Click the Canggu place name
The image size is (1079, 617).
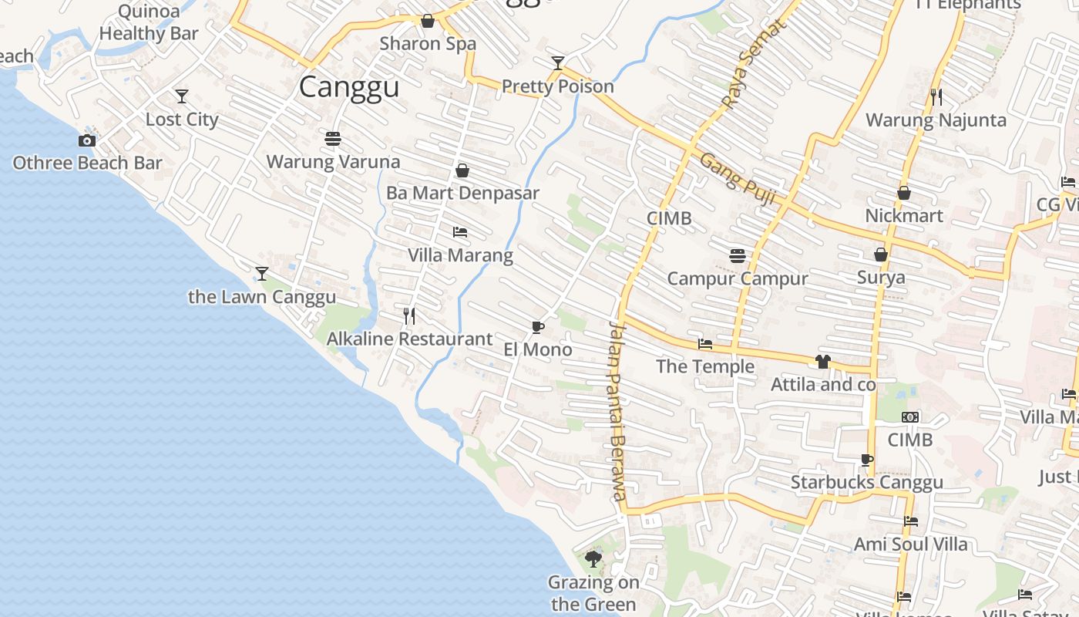(349, 87)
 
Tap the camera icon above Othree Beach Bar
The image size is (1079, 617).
(87, 140)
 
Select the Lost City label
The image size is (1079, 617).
(182, 120)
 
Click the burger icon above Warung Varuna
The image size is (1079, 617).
(333, 139)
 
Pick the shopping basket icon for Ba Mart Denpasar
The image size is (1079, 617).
(462, 170)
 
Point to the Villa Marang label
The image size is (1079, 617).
(460, 255)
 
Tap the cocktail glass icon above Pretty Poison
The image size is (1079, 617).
(558, 63)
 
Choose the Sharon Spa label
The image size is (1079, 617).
(428, 44)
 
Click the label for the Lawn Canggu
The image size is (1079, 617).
(262, 297)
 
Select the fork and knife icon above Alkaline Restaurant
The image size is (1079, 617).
(409, 315)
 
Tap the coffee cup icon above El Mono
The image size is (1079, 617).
(538, 327)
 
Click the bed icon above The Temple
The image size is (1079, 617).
(705, 344)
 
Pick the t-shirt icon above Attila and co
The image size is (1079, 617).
(823, 362)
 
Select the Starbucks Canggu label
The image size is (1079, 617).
(867, 483)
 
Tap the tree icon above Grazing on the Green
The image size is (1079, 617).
(593, 558)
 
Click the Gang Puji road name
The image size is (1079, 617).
(737, 180)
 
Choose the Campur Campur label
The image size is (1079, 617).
(738, 278)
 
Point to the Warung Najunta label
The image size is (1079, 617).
(936, 120)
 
